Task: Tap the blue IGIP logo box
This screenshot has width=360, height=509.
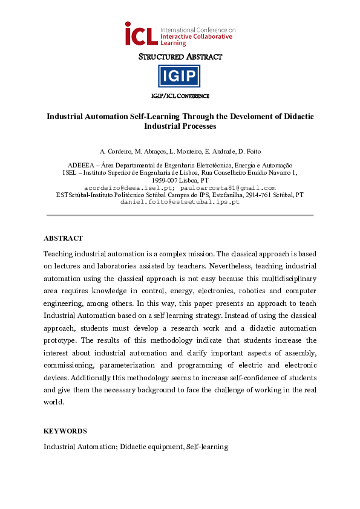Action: coord(179,76)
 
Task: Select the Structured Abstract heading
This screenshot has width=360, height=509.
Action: coord(180,57)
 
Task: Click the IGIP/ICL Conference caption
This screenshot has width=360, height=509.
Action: coord(180,96)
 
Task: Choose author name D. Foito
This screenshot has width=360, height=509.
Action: coord(248,151)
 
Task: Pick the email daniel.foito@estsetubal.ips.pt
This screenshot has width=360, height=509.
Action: coord(180,202)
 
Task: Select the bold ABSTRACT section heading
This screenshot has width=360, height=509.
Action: coord(63,238)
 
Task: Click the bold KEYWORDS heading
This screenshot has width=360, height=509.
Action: coord(65,431)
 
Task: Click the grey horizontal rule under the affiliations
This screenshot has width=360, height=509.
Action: coord(180,215)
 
